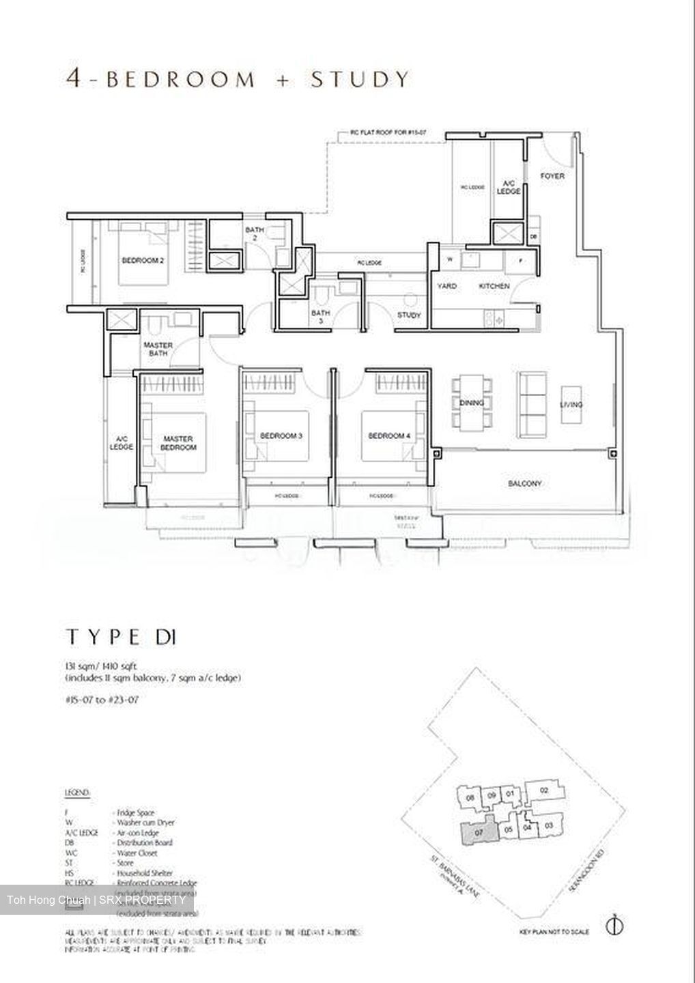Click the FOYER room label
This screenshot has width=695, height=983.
coord(552,176)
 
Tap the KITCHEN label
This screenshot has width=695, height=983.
coord(494,286)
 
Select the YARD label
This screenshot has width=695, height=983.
coord(447,286)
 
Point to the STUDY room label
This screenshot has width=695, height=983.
coord(409,315)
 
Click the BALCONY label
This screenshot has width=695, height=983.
coord(524,483)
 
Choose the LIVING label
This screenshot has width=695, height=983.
coord(571,405)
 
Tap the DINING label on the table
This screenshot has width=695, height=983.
coord(471,403)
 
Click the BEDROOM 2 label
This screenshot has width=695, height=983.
coord(143,260)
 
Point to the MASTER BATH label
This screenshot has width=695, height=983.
coord(158,349)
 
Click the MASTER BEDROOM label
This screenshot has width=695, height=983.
coord(179,443)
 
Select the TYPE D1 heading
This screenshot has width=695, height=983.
coord(122,638)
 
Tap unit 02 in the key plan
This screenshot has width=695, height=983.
coord(543,790)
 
